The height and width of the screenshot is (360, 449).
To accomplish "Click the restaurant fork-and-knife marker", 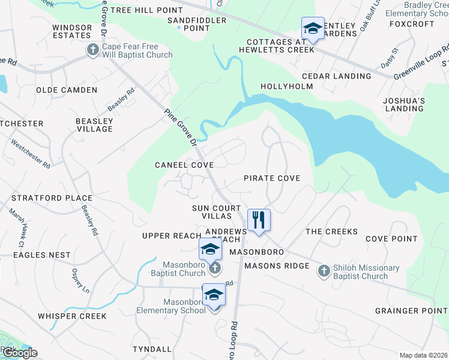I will (x=259, y=220).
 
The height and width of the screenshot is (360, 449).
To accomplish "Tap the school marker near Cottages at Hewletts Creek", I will (x=312, y=29).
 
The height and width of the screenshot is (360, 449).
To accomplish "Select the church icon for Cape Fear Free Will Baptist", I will (x=93, y=50).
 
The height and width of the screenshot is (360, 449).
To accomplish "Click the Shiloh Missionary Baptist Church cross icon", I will (x=324, y=271).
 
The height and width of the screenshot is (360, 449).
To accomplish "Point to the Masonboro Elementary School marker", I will (x=213, y=295).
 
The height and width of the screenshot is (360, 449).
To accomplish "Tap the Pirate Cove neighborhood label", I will (x=271, y=178).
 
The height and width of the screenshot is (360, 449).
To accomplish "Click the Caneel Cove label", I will (x=184, y=164).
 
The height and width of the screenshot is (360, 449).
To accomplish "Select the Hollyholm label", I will (x=287, y=86).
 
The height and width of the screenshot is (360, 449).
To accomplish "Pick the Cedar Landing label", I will (x=336, y=76).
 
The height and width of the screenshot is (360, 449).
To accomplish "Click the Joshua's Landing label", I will (x=405, y=104).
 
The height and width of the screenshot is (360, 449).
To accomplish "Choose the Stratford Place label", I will (x=52, y=198).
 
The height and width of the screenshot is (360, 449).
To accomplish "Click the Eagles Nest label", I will (x=42, y=255).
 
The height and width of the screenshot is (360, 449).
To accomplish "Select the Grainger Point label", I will (x=412, y=311).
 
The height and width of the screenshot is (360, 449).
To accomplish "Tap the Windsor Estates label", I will (x=72, y=31).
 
